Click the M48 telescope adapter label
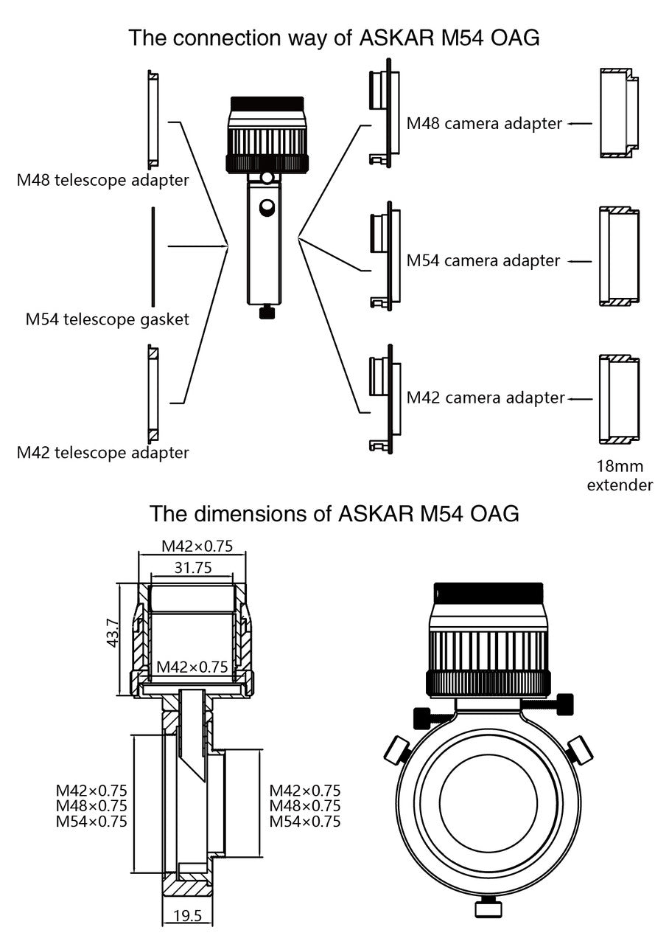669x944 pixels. point(102,180)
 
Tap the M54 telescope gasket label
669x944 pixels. point(107,319)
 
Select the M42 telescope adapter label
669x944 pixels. point(102,452)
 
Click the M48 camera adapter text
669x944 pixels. point(485,123)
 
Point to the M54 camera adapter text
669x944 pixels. point(483,260)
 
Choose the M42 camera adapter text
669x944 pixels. point(486,398)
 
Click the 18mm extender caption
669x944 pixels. point(620,476)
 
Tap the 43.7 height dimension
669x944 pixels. point(113,633)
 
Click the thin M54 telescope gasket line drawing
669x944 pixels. point(153,257)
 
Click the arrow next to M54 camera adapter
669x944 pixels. point(581,261)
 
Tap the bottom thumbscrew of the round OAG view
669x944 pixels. point(488,909)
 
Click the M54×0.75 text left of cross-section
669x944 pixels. point(91,821)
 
